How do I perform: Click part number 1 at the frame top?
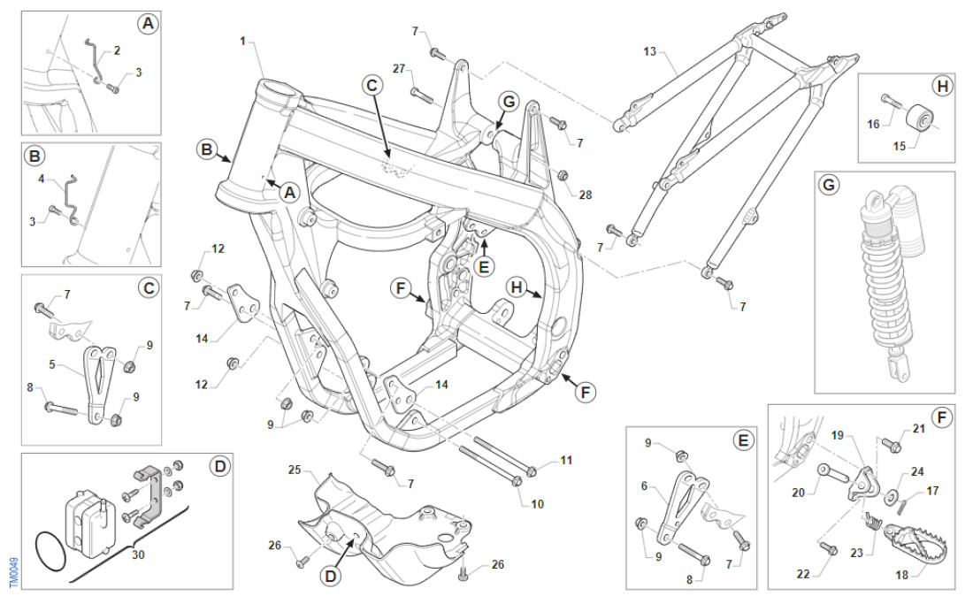pos(243,41)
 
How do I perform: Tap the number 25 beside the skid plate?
pos(294,469)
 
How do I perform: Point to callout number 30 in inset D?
pos(137,554)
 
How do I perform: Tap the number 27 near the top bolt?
pos(398,68)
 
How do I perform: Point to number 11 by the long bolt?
pos(566,461)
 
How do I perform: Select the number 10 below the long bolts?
pos(538,504)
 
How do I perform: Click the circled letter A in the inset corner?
pos(147,24)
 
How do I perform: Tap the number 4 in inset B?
pos(41,178)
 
